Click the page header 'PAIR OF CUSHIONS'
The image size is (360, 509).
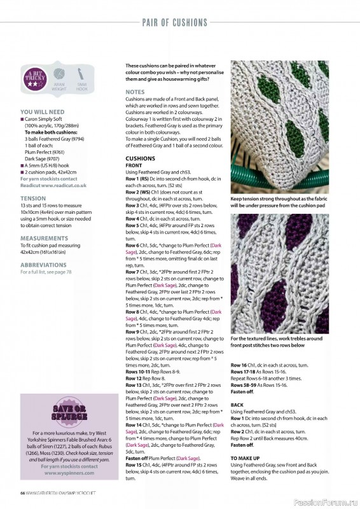point(175,23)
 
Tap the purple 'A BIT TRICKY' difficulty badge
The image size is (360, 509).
point(35,80)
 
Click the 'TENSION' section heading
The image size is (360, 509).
point(33,199)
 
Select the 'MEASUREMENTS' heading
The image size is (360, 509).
point(45,240)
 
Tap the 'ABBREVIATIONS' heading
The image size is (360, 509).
point(45,264)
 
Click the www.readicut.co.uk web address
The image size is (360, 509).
point(53,185)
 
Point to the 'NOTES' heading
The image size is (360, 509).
point(135,92)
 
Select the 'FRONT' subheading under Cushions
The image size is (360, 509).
point(134,165)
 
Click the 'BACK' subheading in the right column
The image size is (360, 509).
point(237,405)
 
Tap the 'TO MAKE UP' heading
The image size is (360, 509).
point(244,457)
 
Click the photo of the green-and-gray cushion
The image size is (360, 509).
point(279,127)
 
